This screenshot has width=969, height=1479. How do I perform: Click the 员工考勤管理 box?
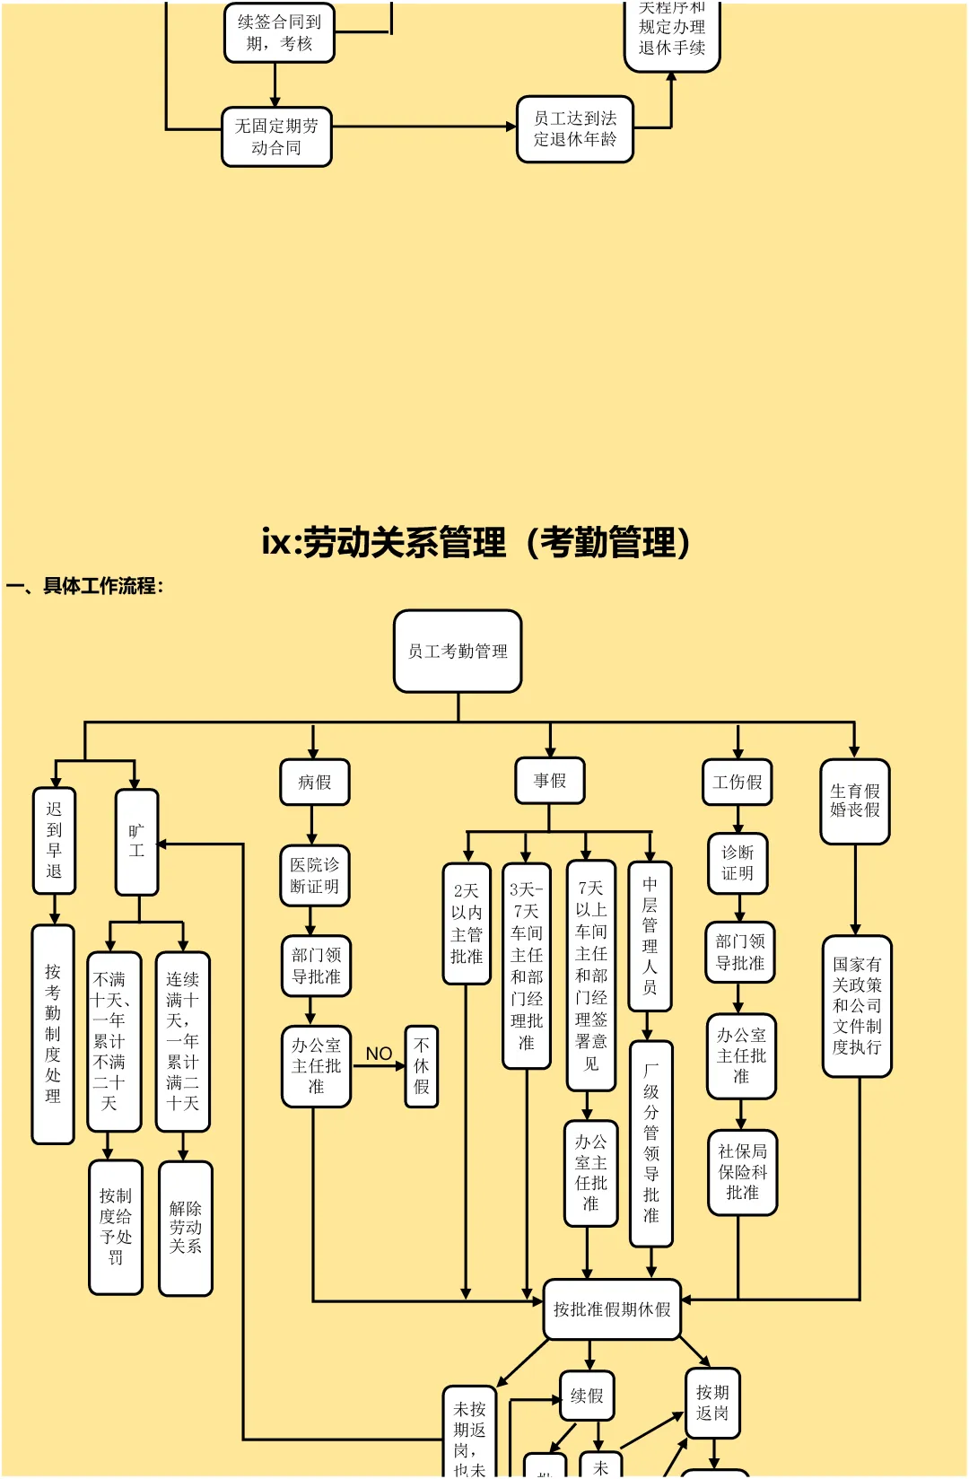[x=458, y=652]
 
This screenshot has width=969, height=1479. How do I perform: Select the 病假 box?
[x=314, y=783]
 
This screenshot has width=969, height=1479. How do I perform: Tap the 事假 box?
[x=550, y=781]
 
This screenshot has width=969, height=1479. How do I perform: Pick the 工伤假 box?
[x=738, y=783]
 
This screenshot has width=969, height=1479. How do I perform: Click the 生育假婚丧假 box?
[x=855, y=801]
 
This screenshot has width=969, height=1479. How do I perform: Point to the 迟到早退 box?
[x=54, y=841]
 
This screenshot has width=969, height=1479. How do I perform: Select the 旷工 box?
[x=136, y=842]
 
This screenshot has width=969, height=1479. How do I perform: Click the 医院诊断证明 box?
[x=314, y=876]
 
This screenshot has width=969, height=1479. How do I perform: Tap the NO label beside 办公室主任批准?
[x=379, y=1054]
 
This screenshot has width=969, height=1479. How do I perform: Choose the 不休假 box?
[x=422, y=1066]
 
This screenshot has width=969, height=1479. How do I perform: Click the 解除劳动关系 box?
[x=186, y=1228]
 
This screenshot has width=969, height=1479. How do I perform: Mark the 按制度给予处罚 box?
[x=116, y=1227]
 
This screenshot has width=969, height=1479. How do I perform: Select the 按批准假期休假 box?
[x=612, y=1309]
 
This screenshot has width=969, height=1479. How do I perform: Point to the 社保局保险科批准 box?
[x=742, y=1172]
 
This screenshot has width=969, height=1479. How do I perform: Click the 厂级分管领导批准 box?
[x=651, y=1143]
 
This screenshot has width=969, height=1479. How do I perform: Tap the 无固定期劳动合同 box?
[x=276, y=137]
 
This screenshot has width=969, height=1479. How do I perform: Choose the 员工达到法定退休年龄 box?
[x=575, y=129]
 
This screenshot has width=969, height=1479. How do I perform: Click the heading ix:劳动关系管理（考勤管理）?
[x=476, y=542]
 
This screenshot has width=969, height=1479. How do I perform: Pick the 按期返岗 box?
[x=712, y=1403]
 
